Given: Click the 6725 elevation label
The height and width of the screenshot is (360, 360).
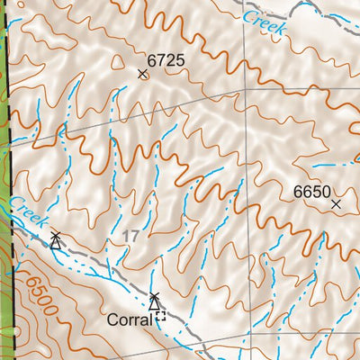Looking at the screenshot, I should point(166,61).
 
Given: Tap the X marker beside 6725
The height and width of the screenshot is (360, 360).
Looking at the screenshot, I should point(142,74).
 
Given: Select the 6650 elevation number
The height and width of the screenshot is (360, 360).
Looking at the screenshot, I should point(312,192).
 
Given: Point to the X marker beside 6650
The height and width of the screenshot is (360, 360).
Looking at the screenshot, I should point(336,204).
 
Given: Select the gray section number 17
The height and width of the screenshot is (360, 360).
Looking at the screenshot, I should point(132,235).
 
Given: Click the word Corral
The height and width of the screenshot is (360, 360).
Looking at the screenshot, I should point(126,319).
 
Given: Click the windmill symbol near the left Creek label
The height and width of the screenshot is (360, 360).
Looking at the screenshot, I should point(56,239).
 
